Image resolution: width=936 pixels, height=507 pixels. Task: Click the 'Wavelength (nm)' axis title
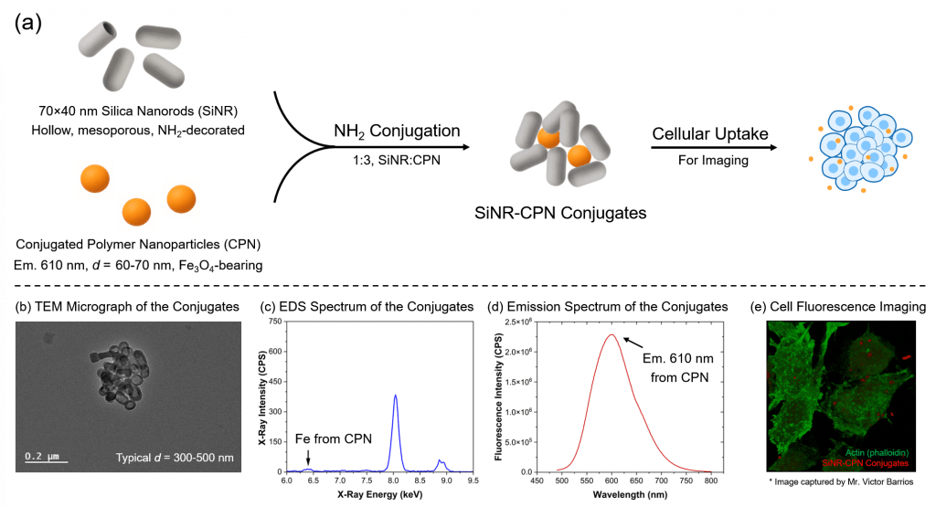tap(621, 494)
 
